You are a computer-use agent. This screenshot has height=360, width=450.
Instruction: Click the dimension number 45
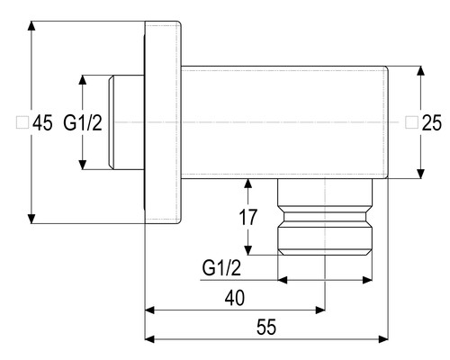pyautogui.click(x=42, y=122)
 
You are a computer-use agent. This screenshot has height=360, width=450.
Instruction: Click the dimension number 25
pyautogui.click(x=432, y=122)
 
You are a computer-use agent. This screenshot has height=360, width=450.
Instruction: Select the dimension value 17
pyautogui.click(x=247, y=217)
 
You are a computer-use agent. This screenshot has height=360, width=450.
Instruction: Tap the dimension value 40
pyautogui.click(x=235, y=298)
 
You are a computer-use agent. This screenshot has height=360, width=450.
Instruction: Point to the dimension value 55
pyautogui.click(x=266, y=327)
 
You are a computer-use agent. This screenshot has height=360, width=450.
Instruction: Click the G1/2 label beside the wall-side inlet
pyautogui.click(x=83, y=122)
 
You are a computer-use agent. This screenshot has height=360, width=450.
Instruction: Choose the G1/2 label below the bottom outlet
pyautogui.click(x=221, y=268)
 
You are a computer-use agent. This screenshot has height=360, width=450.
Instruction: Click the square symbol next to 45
pyautogui.click(x=22, y=122)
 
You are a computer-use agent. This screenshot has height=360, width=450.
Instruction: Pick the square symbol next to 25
pyautogui.click(x=411, y=122)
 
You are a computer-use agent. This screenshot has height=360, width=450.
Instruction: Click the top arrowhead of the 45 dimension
pyautogui.click(x=31, y=26)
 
